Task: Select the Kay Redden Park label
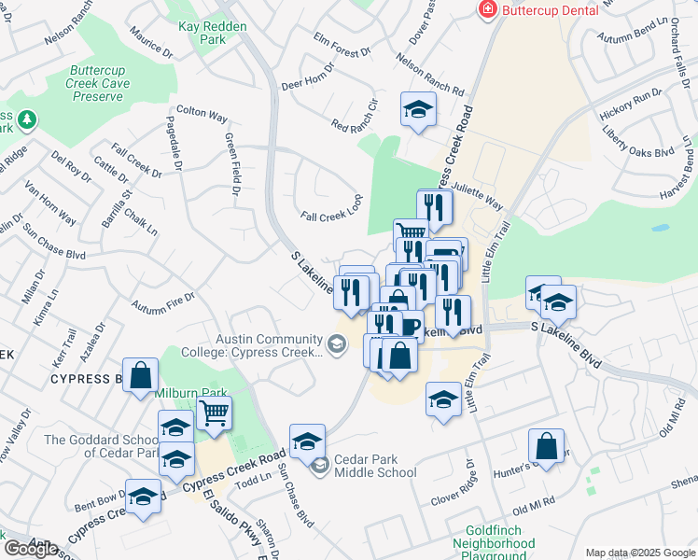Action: (x=212, y=34)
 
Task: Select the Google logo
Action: (x=31, y=549)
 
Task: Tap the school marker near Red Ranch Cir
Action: (x=418, y=109)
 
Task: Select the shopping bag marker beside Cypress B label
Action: (x=140, y=375)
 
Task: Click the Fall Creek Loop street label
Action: (x=331, y=210)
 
